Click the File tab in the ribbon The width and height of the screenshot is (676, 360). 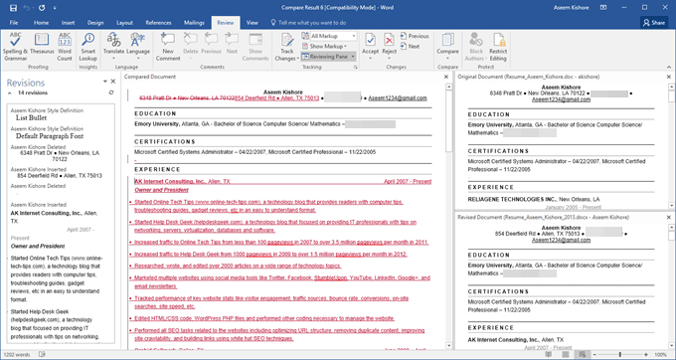pos(13,20)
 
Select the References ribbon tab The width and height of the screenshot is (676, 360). pos(157,20)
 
